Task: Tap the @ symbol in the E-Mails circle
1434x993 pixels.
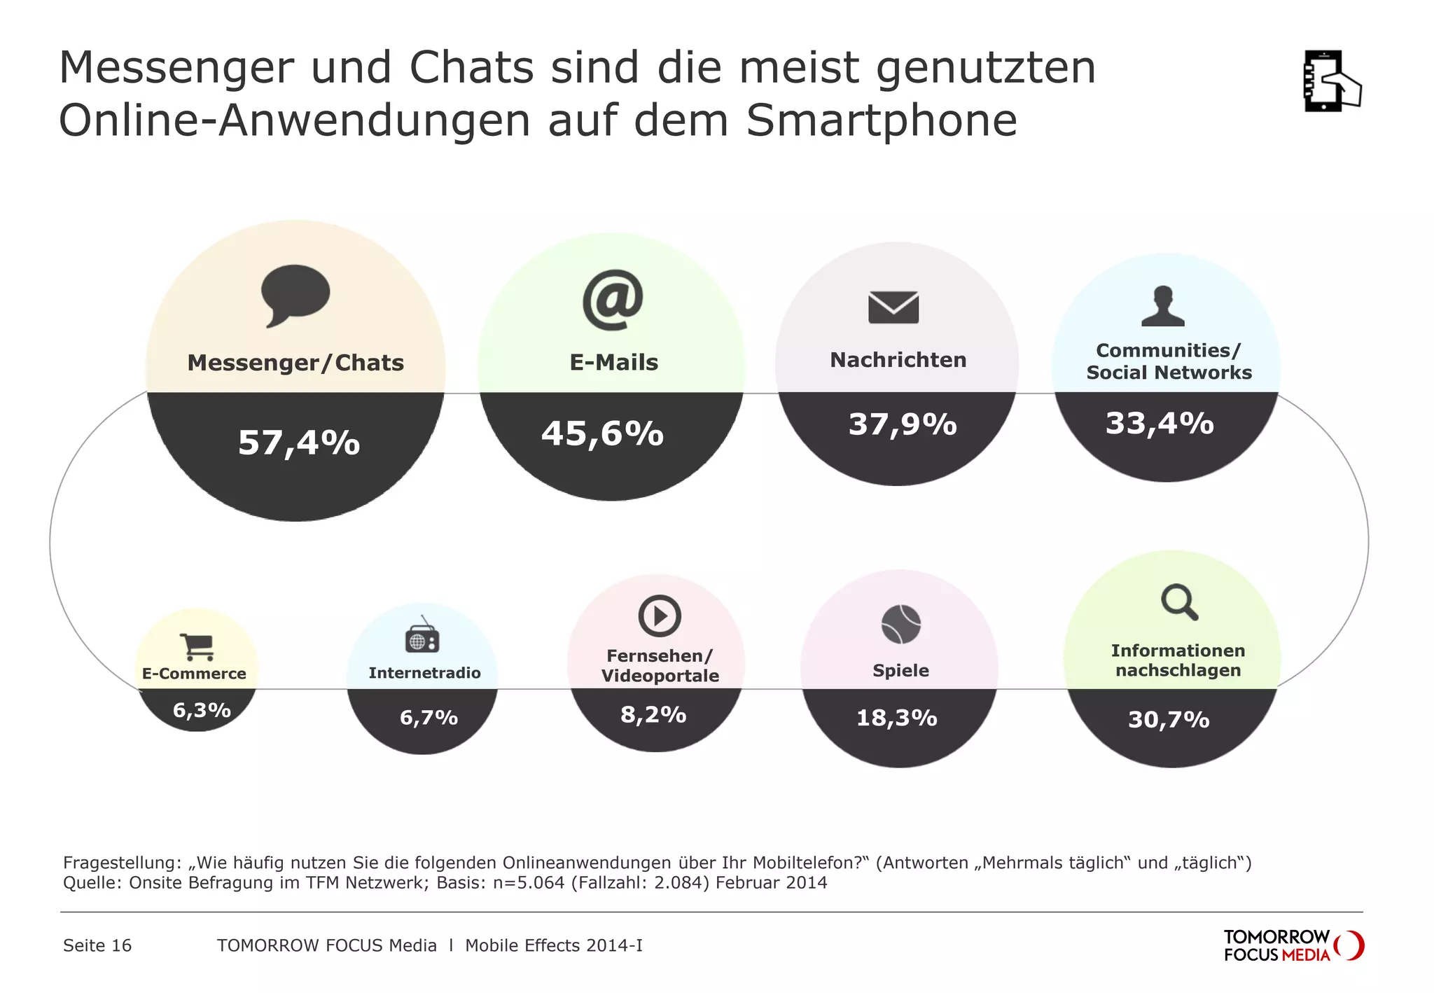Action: coord(613,300)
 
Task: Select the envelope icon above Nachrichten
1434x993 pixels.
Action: coord(893,307)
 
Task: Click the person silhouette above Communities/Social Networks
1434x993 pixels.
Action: coord(1163,307)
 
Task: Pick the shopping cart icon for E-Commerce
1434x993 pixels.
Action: coord(197,646)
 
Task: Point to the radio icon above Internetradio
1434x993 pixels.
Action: coord(422,637)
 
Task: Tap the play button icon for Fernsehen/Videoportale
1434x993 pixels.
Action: coord(659,616)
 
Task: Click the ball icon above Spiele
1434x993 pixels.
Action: coord(900,624)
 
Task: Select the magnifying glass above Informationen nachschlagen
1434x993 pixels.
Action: coord(1179,602)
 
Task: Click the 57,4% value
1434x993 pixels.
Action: coord(299,443)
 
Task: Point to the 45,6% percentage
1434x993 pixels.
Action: coord(602,433)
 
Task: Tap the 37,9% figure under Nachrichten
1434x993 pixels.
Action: coord(903,424)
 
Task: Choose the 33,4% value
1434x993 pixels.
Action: coord(1160,423)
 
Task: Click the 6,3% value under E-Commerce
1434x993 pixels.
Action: coord(202,710)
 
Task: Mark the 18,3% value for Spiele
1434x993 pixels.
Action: coord(897,718)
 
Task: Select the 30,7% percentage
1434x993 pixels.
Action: coord(1169,719)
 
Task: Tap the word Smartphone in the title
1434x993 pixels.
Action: coord(881,120)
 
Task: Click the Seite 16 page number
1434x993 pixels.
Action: coord(97,945)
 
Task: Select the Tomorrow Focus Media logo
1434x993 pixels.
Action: coord(1293,945)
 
